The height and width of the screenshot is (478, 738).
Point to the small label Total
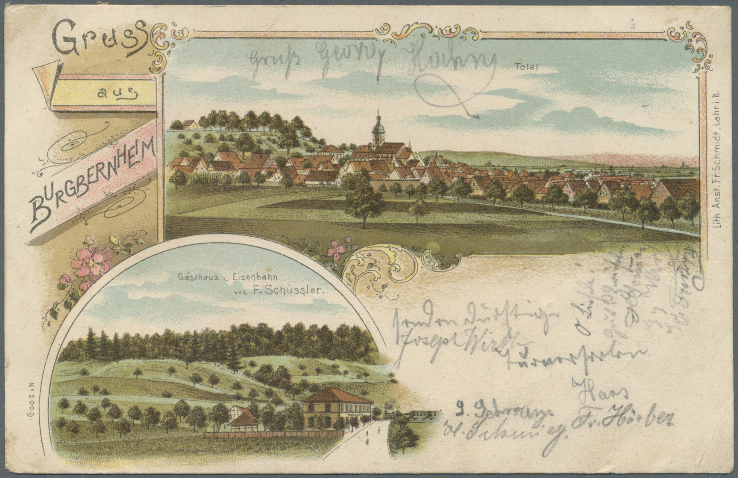click(x=522, y=66)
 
